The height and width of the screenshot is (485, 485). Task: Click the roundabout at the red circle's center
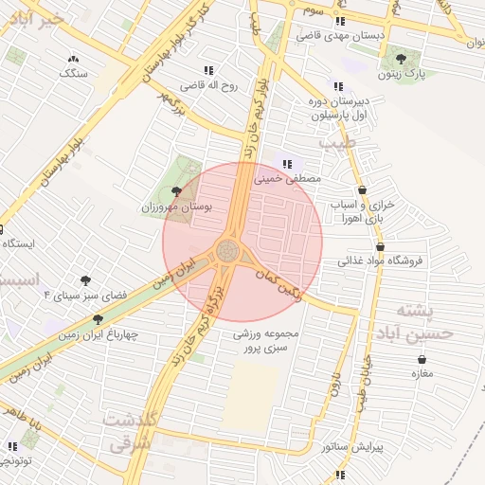click(228, 251)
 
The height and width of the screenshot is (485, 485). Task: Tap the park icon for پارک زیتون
click(408, 58)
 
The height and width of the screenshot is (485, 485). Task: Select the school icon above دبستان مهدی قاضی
click(340, 20)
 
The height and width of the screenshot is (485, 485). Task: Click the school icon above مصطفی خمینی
click(286, 167)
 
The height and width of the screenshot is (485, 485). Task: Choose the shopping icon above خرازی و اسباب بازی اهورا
click(363, 189)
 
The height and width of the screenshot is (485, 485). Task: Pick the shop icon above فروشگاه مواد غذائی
click(380, 246)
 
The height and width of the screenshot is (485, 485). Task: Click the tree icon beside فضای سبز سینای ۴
click(86, 280)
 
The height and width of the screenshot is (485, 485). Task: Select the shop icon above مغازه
click(422, 359)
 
